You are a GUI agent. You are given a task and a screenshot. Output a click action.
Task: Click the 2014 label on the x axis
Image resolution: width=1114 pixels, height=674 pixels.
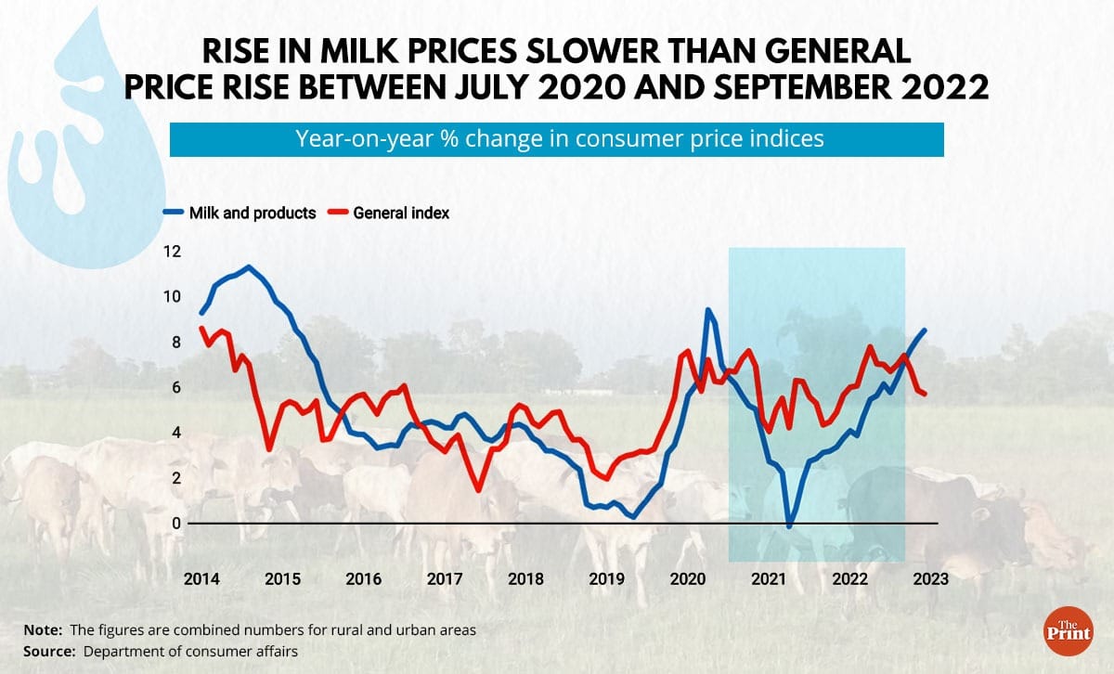[201, 579]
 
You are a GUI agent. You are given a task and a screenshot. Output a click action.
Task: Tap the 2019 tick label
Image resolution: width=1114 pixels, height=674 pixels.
[607, 579]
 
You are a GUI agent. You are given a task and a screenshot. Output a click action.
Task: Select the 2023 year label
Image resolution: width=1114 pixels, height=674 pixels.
[931, 579]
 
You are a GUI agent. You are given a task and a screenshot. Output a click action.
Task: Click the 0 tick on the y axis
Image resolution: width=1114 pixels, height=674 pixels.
[177, 524]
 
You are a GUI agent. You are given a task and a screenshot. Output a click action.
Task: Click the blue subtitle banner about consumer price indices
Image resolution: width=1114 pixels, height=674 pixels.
[556, 139]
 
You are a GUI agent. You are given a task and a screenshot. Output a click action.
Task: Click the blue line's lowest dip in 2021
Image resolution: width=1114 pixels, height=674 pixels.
[789, 526]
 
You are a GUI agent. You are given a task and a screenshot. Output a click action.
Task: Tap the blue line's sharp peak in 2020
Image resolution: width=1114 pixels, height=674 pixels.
[708, 310]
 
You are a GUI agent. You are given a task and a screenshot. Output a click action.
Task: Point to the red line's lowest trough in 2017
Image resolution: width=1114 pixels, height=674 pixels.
[477, 490]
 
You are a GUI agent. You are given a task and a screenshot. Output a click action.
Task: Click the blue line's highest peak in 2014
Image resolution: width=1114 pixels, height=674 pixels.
[248, 267]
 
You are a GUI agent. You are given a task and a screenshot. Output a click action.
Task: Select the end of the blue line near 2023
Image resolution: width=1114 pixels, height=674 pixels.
[924, 331]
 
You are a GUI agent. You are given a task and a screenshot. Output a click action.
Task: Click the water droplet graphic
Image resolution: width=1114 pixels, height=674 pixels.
[79, 139]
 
